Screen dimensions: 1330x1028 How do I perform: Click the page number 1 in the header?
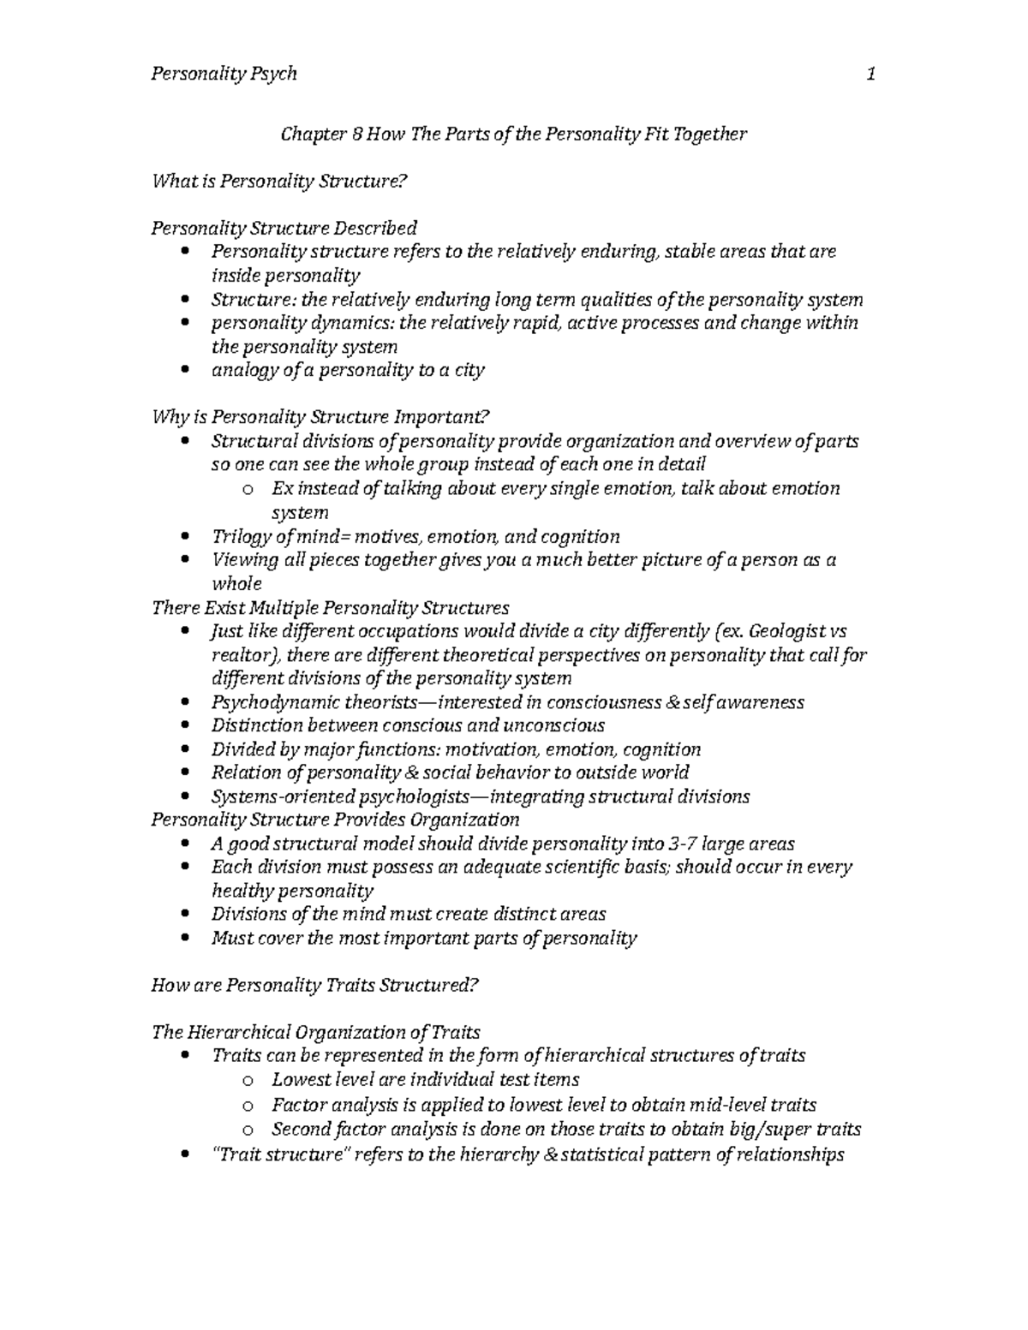tap(870, 75)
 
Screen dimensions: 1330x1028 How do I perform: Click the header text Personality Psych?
tap(224, 75)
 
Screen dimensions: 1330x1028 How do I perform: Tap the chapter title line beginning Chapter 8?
tap(514, 134)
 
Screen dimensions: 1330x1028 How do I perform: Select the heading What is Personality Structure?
tap(277, 181)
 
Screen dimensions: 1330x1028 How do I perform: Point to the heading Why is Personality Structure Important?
tap(320, 418)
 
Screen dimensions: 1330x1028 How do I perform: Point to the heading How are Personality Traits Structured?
tap(314, 985)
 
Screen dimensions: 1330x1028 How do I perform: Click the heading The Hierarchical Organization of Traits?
tap(315, 1032)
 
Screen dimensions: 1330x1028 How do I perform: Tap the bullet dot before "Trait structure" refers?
tap(186, 1155)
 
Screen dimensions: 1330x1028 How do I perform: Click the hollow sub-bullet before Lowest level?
tap(247, 1081)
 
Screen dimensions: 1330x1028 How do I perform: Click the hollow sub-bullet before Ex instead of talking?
tap(247, 490)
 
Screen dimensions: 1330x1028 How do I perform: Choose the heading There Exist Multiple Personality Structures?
tap(330, 608)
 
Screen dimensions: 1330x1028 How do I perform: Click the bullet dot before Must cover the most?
tap(186, 939)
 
